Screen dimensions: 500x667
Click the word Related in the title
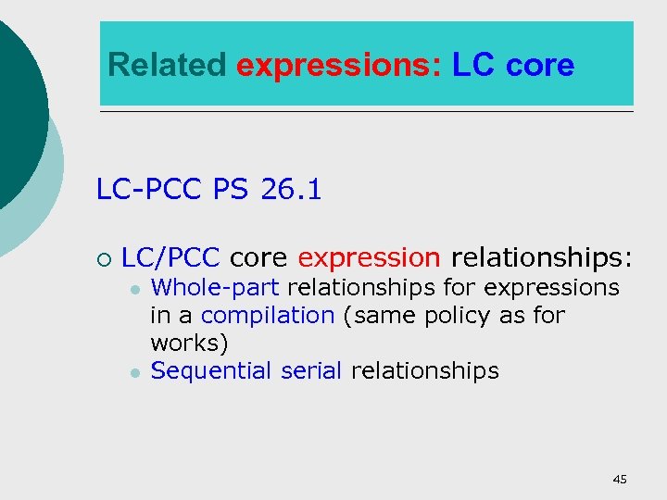(167, 66)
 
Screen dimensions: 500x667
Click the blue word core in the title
(540, 66)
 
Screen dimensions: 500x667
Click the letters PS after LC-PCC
(230, 190)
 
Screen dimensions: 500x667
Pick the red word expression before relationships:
(369, 256)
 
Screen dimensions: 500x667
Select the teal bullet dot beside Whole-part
(135, 290)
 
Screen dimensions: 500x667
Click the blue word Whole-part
(215, 288)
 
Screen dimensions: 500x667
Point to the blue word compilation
(267, 315)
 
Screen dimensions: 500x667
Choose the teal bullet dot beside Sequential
(135, 372)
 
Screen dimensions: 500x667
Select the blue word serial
(310, 371)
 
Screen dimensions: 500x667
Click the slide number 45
(620, 479)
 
